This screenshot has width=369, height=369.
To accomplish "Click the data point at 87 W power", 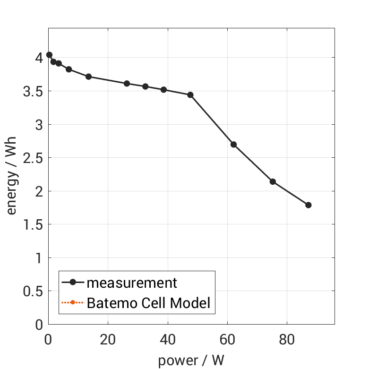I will (309, 205).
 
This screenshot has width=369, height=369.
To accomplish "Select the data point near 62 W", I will (233, 145).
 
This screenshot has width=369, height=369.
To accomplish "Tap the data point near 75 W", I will (273, 181).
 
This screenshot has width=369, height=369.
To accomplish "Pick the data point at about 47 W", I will (190, 95).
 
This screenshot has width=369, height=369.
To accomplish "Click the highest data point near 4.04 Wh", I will (49, 55).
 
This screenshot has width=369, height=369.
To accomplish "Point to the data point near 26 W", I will (127, 84).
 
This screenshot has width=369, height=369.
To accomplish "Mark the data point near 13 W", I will (88, 77).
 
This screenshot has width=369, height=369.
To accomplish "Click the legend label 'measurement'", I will (131, 283).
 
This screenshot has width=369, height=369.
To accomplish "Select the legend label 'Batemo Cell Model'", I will (148, 302).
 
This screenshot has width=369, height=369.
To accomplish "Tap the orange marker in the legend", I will (73, 302).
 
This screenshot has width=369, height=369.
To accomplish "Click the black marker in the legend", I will (73, 283).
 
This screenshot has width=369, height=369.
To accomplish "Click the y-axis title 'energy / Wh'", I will (12, 176).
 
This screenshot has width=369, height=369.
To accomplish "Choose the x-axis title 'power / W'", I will (190, 360).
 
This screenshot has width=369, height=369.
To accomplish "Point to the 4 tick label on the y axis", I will (38, 58).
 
